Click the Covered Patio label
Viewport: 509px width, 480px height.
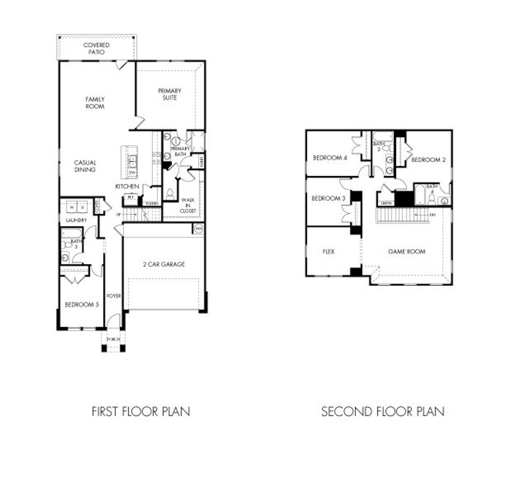tap(96, 49)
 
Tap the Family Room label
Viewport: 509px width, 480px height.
tap(95, 103)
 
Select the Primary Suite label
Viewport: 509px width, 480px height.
tap(169, 94)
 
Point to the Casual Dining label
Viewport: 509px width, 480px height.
tap(85, 166)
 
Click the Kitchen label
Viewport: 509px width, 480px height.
tap(127, 186)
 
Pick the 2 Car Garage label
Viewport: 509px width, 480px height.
tap(164, 264)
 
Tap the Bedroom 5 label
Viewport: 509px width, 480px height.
tap(82, 305)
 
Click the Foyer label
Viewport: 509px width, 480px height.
tap(114, 296)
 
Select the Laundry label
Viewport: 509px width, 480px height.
tap(76, 220)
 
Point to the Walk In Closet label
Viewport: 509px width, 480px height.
tap(188, 205)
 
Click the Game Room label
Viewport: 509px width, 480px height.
tap(406, 251)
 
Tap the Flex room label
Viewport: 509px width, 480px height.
tap(328, 251)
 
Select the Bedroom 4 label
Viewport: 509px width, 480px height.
tap(330, 158)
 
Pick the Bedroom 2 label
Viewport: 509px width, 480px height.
tap(428, 160)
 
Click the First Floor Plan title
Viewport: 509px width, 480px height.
tap(141, 411)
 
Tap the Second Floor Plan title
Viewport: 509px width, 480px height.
tap(383, 411)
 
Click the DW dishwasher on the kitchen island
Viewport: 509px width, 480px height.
tap(132, 173)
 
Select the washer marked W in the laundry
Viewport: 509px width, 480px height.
tap(72, 207)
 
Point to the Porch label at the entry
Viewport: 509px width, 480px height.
tap(113, 339)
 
